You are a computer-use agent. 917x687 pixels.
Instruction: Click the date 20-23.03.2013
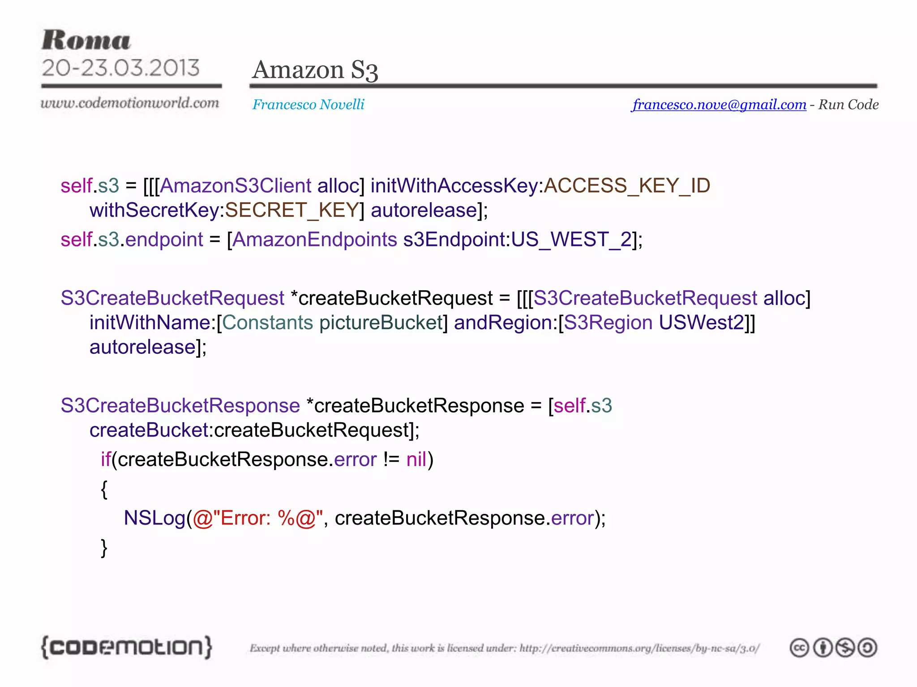(120, 68)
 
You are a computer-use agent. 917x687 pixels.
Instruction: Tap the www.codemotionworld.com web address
(130, 103)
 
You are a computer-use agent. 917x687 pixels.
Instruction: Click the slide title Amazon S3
(315, 70)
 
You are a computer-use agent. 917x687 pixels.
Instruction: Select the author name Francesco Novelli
(308, 105)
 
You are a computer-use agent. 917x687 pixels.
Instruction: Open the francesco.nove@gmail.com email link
(719, 105)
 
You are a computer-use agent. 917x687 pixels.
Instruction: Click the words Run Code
(848, 105)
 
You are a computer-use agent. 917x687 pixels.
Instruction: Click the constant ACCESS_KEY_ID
(627, 186)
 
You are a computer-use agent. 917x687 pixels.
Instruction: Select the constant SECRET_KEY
(292, 210)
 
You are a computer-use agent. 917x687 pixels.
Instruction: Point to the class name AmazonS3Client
(236, 186)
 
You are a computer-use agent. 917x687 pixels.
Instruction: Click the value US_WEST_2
(571, 239)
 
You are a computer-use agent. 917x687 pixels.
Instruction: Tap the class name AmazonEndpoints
(314, 239)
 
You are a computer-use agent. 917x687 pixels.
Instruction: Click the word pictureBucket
(381, 322)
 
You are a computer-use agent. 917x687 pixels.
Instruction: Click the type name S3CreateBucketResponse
(180, 406)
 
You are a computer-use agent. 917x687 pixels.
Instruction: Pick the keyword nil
(416, 459)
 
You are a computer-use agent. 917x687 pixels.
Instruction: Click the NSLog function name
(154, 518)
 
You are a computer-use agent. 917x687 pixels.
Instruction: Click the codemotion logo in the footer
(126, 647)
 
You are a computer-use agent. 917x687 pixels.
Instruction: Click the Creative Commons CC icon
(799, 648)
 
